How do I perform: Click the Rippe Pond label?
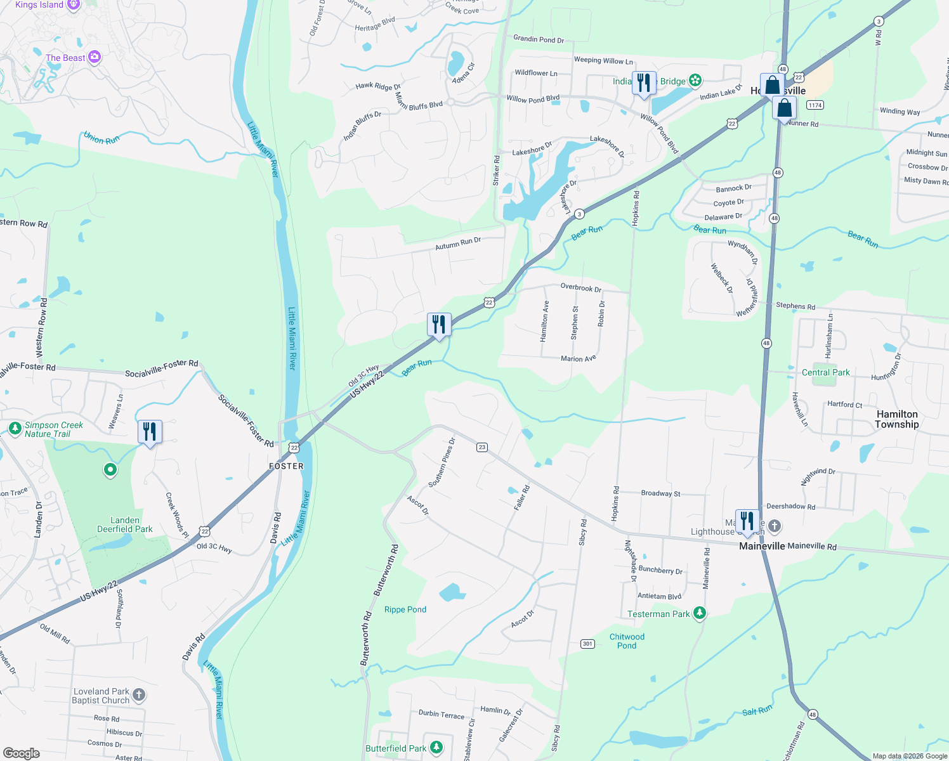point(405,609)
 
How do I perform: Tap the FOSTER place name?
point(286,466)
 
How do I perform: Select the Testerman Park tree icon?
point(700,613)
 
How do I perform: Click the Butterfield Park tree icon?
point(436,748)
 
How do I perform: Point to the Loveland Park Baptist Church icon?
point(139,695)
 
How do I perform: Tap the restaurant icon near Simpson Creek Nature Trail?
point(150,433)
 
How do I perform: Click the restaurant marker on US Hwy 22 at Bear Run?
point(439,325)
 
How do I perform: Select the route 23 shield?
point(482,447)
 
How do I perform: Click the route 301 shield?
point(587,644)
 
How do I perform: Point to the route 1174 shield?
point(815,105)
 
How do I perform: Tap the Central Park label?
point(825,372)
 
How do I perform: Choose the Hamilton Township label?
point(896,419)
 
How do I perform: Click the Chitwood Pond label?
point(627,641)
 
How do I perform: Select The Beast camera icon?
point(95,58)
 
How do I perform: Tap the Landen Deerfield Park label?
point(125,524)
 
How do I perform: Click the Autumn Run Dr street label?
point(458,244)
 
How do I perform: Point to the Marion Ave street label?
point(579,358)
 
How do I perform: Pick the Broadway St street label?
point(660,493)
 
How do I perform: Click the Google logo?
point(21,753)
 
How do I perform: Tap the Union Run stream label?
point(101,138)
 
